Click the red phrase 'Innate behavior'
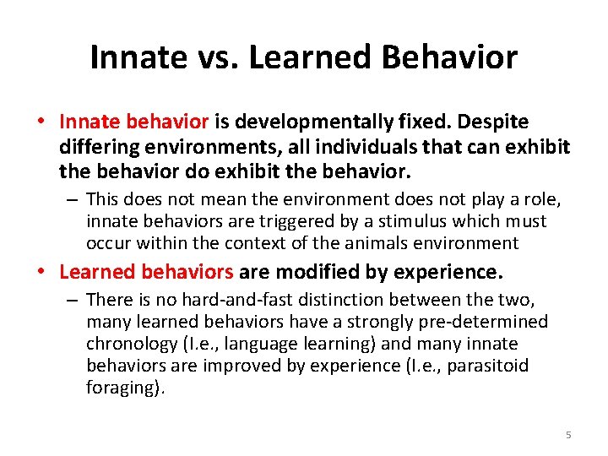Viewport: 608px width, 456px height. pyautogui.click(x=133, y=122)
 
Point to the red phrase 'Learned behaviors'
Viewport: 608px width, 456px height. pyautogui.click(x=146, y=272)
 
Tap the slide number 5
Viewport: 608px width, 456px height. pyautogui.click(x=568, y=435)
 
